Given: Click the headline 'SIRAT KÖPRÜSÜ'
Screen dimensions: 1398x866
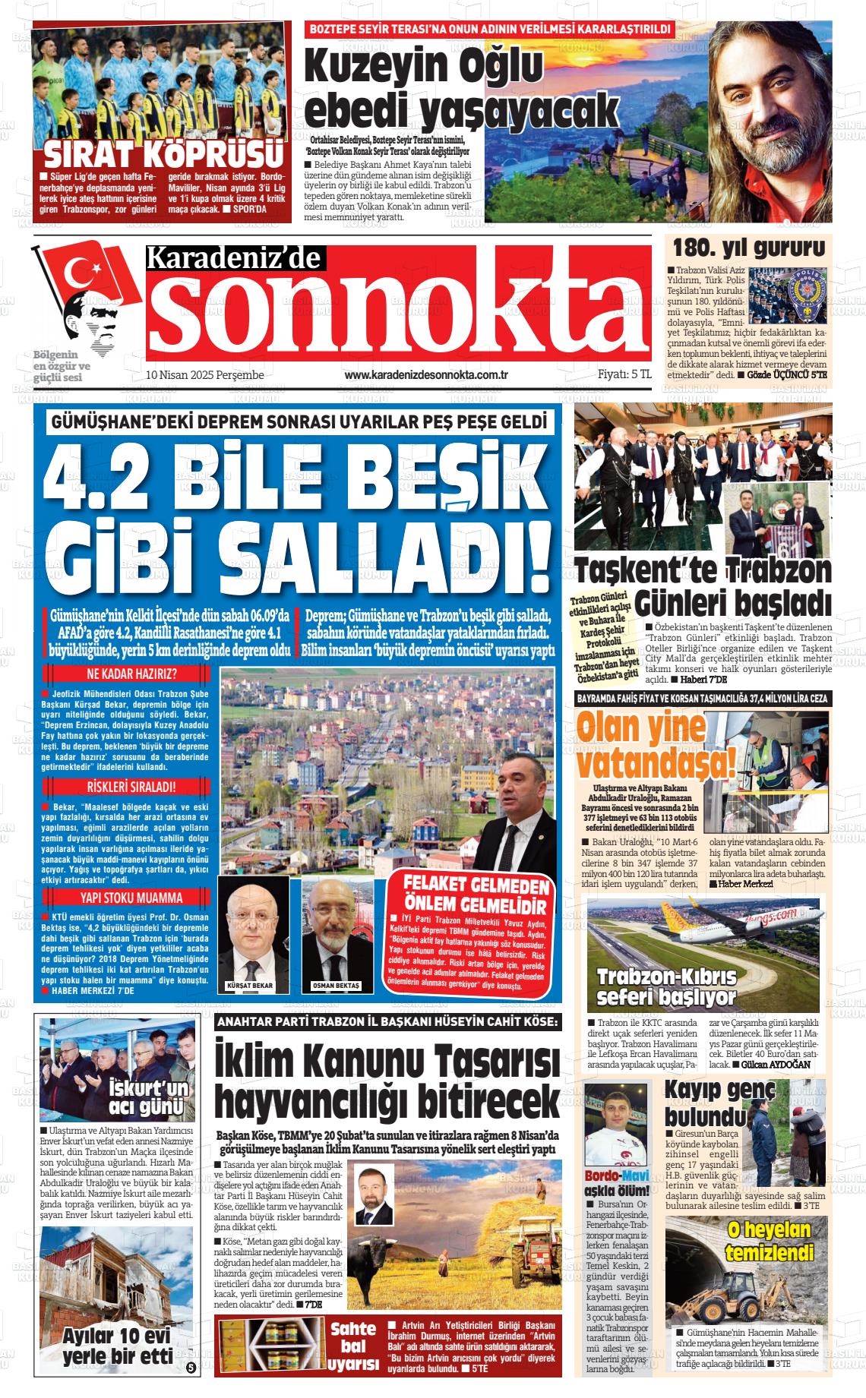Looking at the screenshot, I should pos(161,155).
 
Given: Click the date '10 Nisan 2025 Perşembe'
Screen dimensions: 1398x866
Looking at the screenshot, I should pos(204,375).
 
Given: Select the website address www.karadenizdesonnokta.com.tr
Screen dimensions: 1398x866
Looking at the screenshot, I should pos(425,375).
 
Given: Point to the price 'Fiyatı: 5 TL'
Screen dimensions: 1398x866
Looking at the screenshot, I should pos(624,374).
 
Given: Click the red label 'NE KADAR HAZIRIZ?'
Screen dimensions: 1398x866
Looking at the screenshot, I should pos(132,674).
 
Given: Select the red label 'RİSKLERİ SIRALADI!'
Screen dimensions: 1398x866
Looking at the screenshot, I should pos(132,786).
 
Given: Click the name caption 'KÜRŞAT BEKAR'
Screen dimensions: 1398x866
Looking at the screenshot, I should pos(249,985).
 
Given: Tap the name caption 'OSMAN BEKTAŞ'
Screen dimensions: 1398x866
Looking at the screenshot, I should pos(337,985).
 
